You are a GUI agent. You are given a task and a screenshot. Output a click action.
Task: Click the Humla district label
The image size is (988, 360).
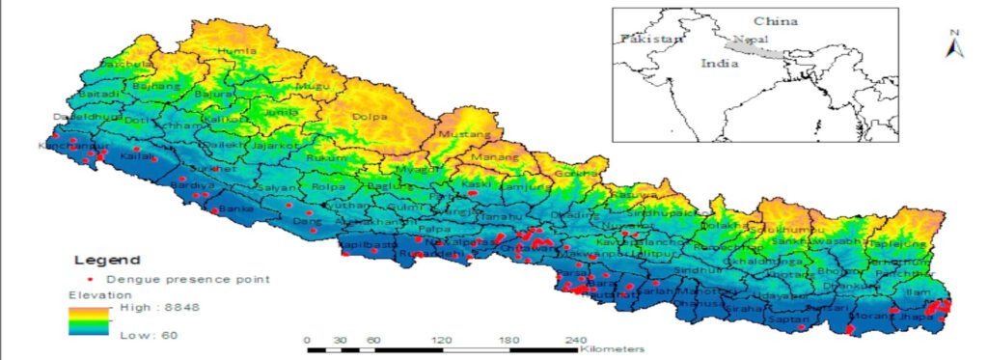tap(239, 51)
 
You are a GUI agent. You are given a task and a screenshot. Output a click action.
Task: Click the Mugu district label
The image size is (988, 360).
tap(310, 86)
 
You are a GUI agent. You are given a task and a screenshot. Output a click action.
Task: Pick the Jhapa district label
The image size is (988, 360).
tap(911, 314)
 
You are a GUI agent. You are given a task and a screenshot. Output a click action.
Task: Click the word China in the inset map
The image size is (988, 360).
tap(771, 20)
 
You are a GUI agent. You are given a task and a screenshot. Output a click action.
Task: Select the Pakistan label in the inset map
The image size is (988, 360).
tap(651, 40)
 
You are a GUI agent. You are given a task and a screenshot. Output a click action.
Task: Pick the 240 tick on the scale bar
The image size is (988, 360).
tap(576, 340)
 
